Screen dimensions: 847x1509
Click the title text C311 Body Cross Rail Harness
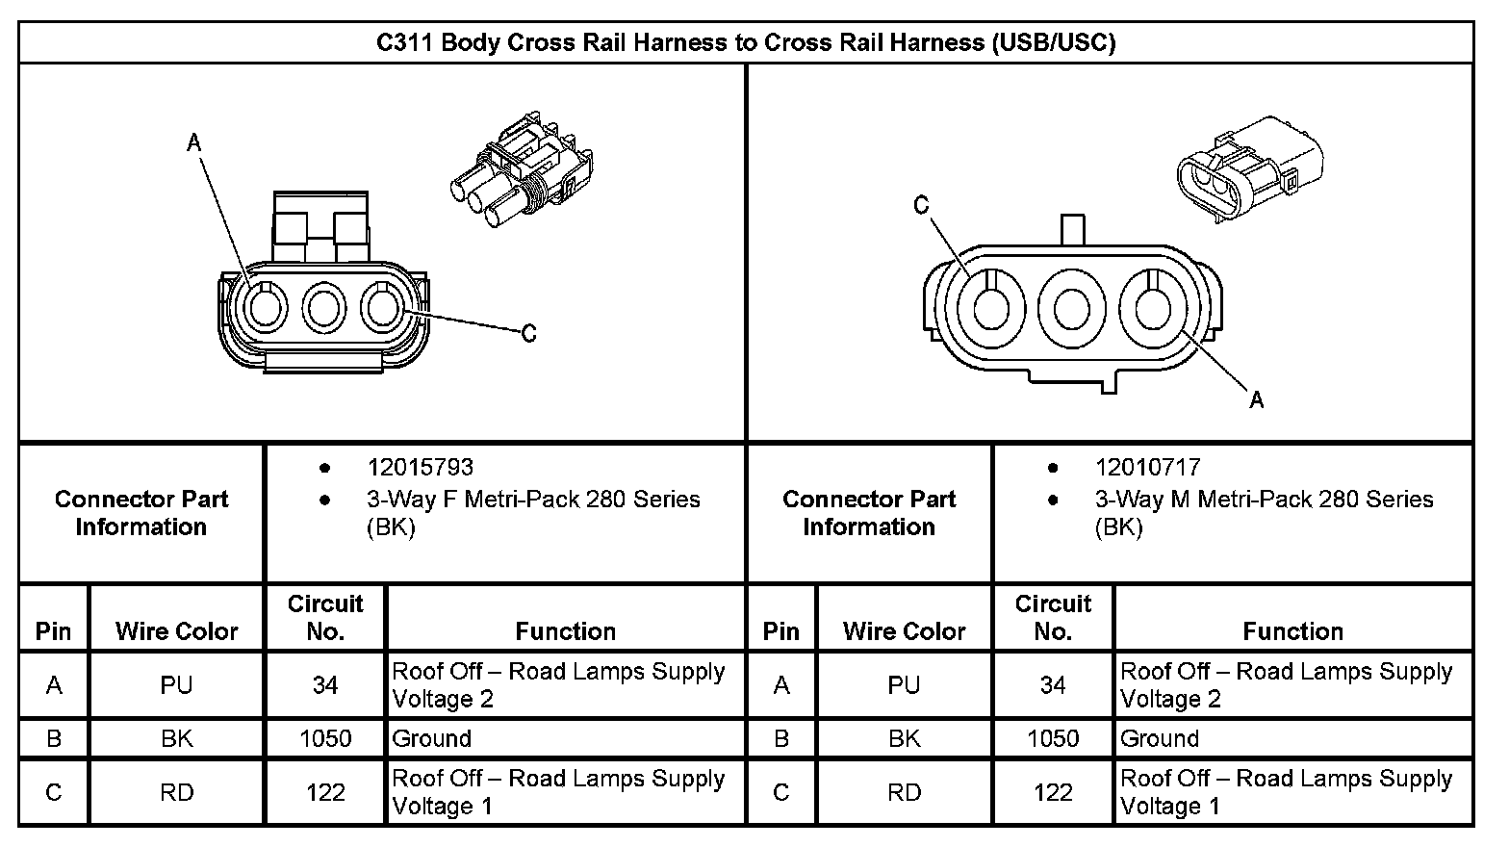745,42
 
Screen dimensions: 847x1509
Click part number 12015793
420,468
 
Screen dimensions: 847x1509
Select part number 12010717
1147,468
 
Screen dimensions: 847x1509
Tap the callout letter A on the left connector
194,143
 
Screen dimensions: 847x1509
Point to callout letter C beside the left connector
528,334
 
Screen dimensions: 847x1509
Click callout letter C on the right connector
921,205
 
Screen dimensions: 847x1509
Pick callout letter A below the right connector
1257,399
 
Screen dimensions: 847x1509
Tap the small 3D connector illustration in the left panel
523,171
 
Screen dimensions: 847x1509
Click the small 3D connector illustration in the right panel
1249,169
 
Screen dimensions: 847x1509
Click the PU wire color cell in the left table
176,685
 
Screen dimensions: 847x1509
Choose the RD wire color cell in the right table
904,792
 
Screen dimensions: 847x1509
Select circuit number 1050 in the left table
325,739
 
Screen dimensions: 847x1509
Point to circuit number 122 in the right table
1053,792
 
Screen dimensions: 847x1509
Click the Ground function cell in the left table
432,739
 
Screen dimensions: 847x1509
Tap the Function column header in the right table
1292,631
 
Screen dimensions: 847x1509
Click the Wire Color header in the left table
176,631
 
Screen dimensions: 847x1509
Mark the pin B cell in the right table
781,739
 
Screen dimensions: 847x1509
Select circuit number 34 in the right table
1053,685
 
